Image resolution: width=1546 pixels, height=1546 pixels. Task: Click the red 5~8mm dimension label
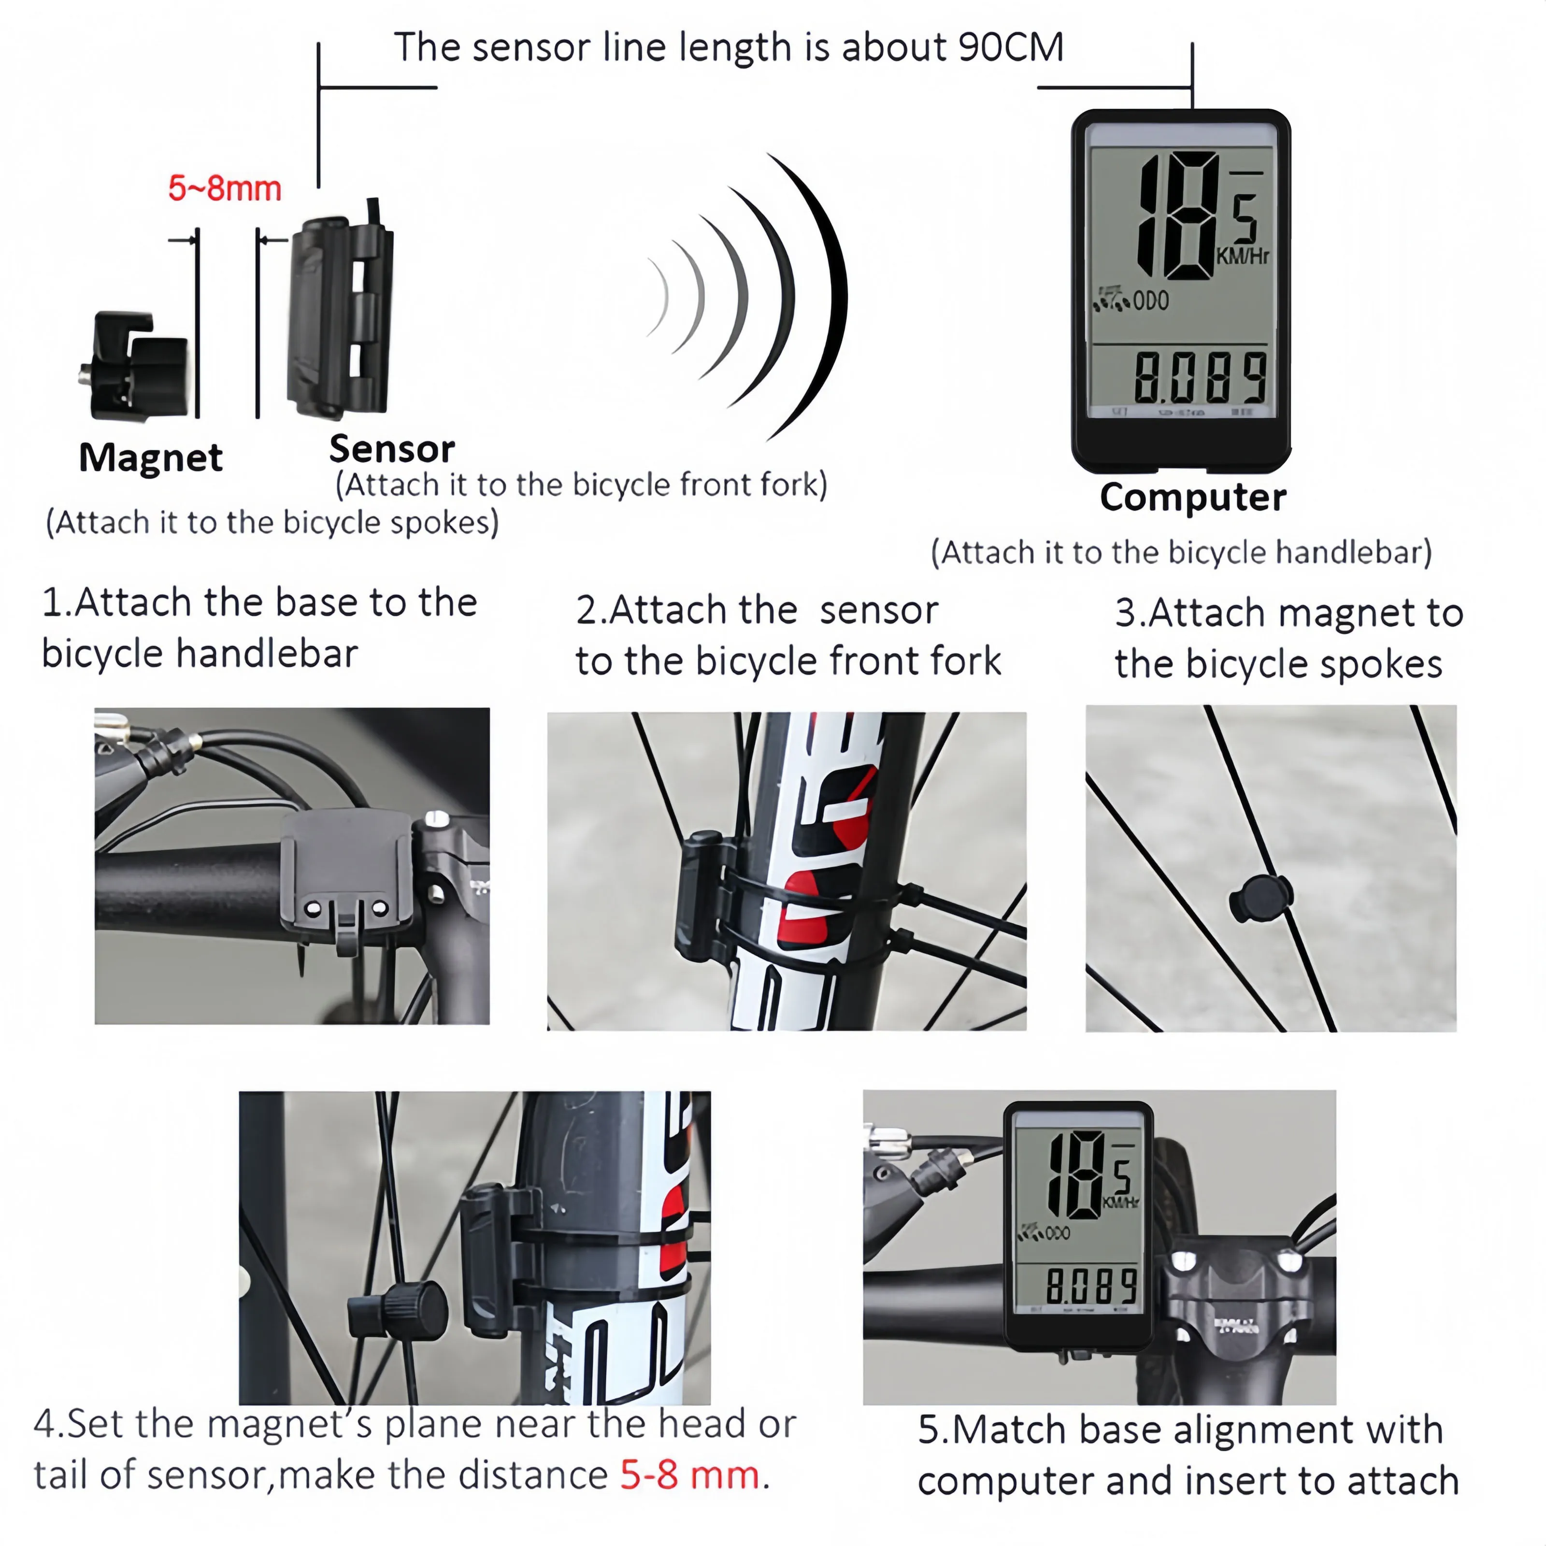(x=225, y=189)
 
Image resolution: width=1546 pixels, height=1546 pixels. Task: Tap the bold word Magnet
(x=150, y=458)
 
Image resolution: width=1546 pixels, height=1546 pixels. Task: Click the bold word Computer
(x=1192, y=497)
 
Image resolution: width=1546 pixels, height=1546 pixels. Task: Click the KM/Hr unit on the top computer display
(x=1242, y=256)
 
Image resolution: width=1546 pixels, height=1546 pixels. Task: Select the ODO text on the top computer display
(x=1151, y=301)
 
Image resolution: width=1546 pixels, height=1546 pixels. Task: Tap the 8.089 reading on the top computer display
(x=1200, y=378)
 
